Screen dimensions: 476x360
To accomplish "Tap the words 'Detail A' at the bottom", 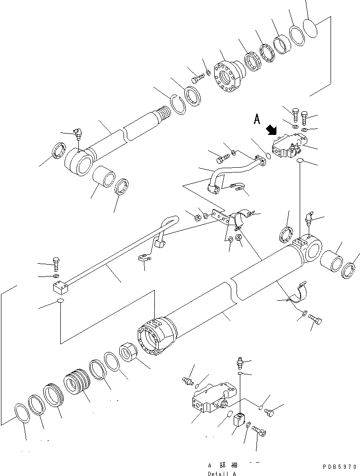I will (221, 474).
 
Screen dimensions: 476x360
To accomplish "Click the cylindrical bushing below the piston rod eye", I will (103, 180).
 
